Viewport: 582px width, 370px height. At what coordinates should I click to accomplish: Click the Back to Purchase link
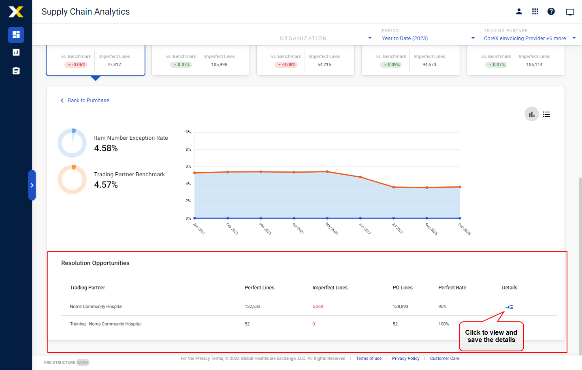click(x=88, y=101)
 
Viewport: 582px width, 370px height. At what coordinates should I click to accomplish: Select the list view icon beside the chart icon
click(x=546, y=114)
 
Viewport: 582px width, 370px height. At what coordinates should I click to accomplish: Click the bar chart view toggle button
click(x=531, y=114)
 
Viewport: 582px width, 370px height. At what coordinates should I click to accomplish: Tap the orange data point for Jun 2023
click(x=360, y=177)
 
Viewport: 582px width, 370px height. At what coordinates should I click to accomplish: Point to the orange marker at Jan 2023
click(x=195, y=173)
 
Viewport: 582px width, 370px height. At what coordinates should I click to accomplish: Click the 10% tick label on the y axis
click(x=187, y=132)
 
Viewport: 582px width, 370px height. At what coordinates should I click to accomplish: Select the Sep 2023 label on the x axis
click(x=465, y=229)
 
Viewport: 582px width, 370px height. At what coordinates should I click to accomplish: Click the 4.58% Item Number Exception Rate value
click(x=106, y=148)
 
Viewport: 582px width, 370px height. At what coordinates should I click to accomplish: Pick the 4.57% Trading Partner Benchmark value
click(x=106, y=185)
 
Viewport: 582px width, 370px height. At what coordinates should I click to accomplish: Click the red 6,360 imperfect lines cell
click(x=318, y=307)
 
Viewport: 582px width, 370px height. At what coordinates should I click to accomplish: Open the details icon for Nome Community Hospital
click(x=509, y=307)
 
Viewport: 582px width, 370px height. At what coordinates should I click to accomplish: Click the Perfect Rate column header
click(x=452, y=288)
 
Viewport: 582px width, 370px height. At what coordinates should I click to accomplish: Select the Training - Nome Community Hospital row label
click(x=106, y=324)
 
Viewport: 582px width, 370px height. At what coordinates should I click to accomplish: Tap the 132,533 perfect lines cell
click(x=252, y=307)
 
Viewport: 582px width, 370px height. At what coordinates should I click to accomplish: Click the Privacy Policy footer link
click(x=405, y=359)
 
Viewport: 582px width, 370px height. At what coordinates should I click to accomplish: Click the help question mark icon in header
click(x=551, y=11)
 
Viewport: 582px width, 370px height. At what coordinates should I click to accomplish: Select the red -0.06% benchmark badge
click(x=76, y=65)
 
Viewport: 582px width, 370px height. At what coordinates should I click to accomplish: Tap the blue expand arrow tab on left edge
click(x=32, y=185)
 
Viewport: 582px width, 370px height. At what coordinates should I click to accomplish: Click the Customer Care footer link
click(x=444, y=359)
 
